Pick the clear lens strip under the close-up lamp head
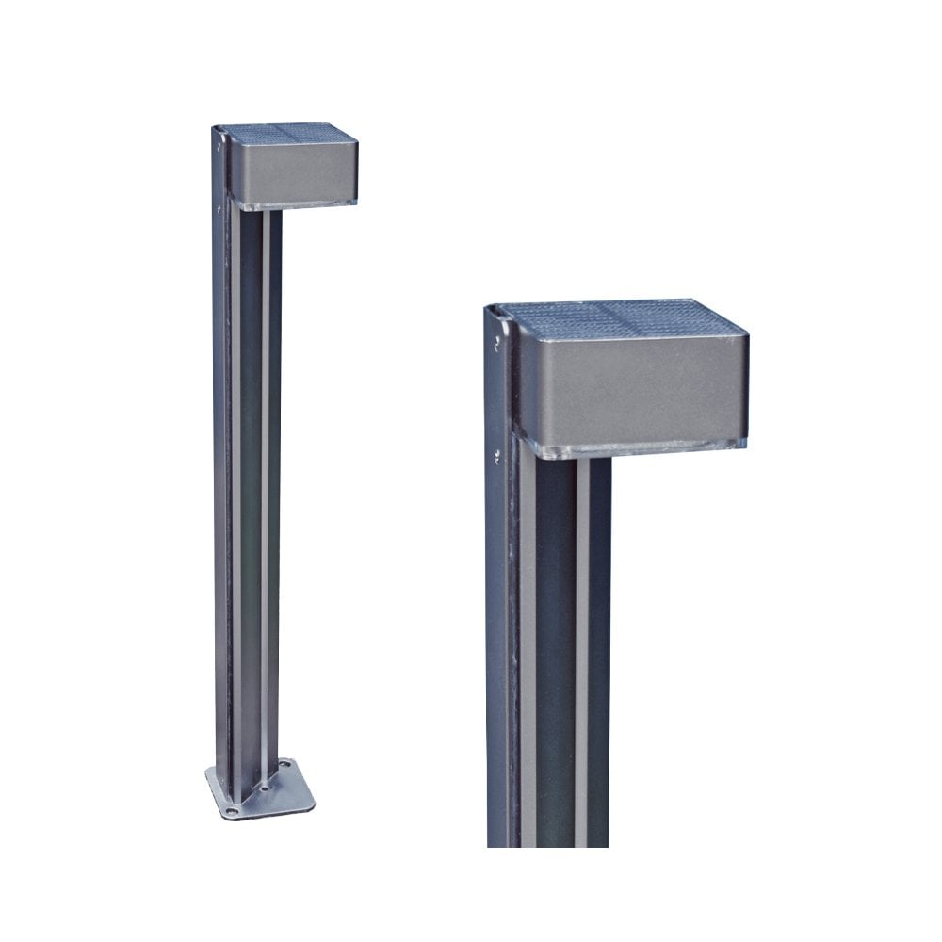click(641, 448)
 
